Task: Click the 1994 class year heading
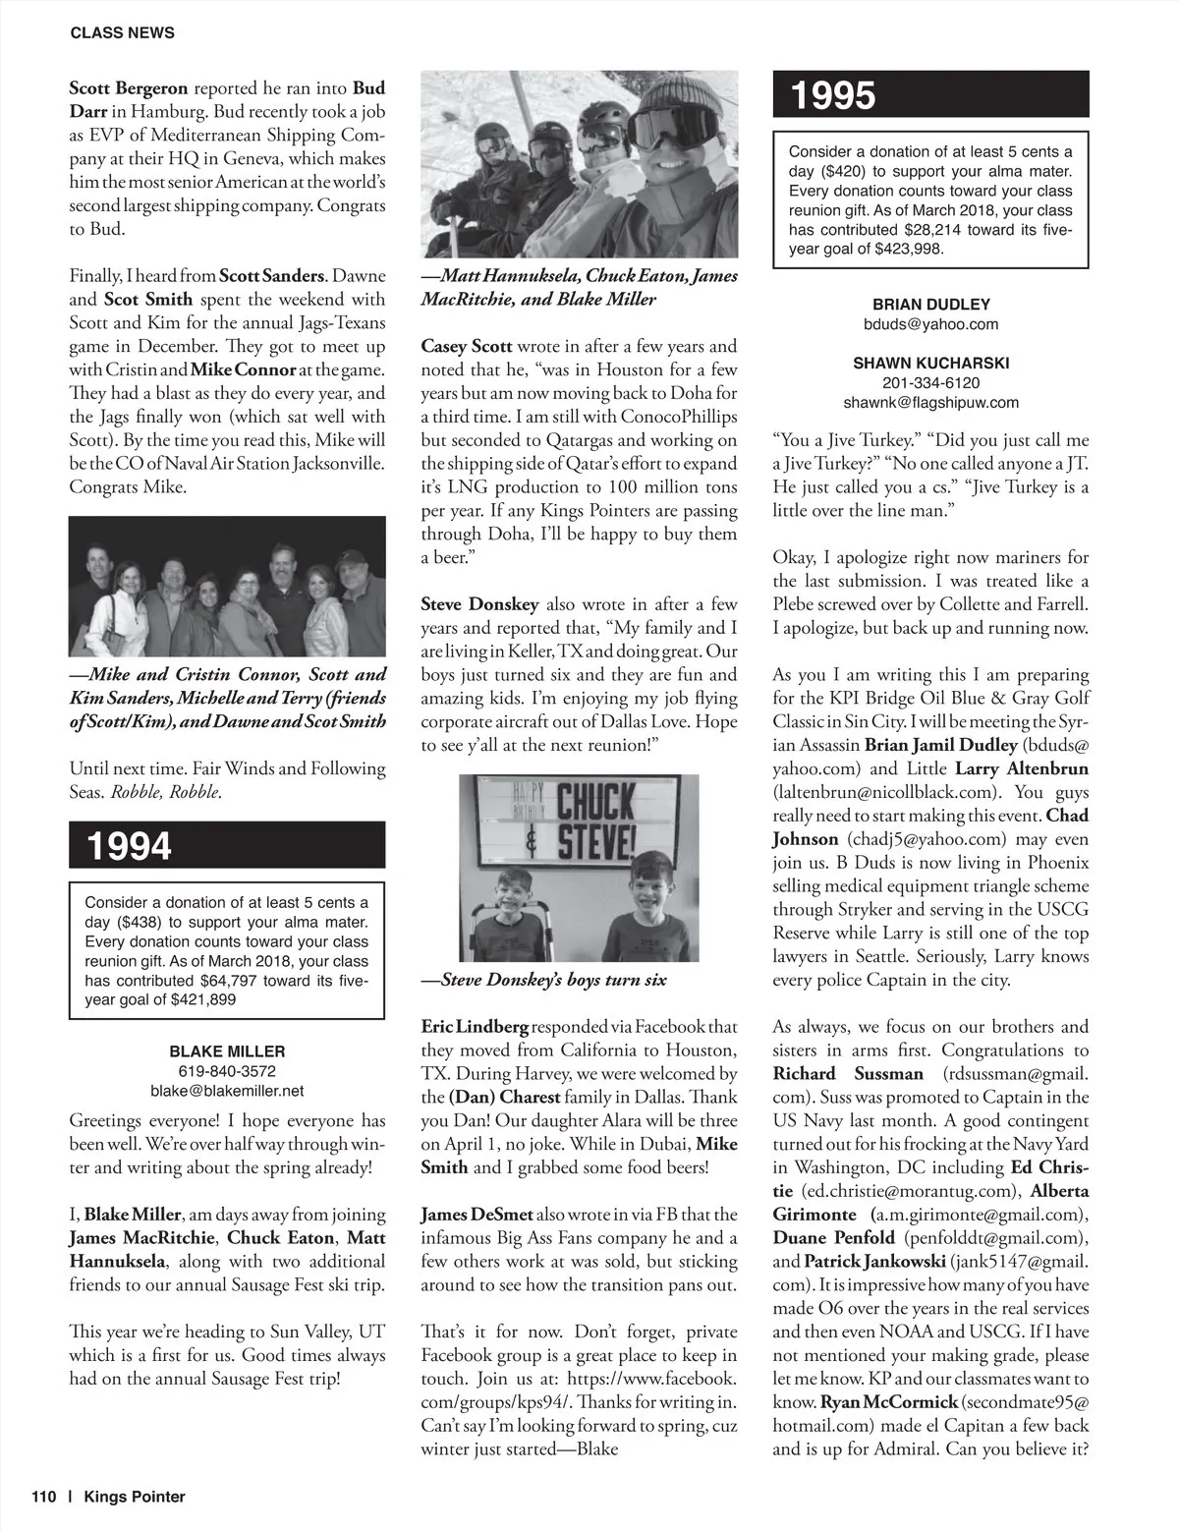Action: pos(130,845)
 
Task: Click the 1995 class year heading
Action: pos(833,95)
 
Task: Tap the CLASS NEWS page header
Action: pos(123,32)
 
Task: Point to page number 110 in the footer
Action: pos(44,1497)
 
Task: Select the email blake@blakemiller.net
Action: pos(227,1091)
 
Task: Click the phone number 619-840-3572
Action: pos(227,1071)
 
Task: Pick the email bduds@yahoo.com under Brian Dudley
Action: pos(930,324)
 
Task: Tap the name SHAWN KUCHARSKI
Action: pos(930,364)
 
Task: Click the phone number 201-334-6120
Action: pos(930,383)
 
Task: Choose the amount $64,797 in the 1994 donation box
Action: pos(233,981)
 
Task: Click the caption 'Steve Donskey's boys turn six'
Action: pos(543,980)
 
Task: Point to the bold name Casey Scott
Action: pos(467,346)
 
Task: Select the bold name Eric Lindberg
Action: pos(475,1027)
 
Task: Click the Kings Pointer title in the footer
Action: pos(135,1497)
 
